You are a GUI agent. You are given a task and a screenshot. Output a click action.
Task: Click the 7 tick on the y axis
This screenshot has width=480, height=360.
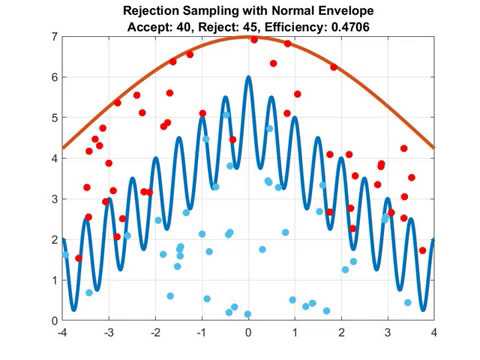(54, 36)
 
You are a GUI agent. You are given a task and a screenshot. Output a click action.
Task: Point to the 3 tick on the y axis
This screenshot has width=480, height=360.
(54, 199)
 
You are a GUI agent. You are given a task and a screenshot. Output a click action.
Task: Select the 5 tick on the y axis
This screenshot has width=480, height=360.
(54, 117)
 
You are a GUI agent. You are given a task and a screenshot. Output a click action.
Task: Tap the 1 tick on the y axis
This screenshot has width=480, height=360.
(54, 280)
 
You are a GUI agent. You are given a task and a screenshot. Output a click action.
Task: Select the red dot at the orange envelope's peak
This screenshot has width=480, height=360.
(253, 40)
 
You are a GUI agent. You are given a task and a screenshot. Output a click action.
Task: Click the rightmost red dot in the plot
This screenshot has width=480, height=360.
(422, 251)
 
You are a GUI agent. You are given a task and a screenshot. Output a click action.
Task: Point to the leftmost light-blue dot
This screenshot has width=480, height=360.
(66, 255)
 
